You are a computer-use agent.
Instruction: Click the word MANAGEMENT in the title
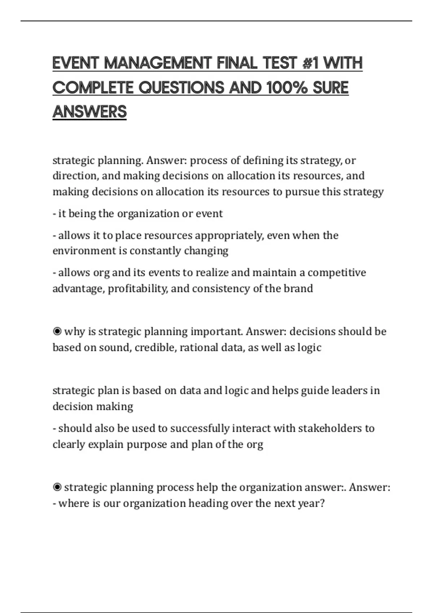157,63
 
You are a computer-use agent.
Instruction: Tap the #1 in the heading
311,63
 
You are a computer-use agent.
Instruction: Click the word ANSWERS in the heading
89,112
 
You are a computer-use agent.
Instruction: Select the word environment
84,251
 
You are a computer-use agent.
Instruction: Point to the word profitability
137,288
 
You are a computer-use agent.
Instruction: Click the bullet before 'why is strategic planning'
57,331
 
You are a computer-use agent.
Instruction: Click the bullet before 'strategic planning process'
57,488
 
